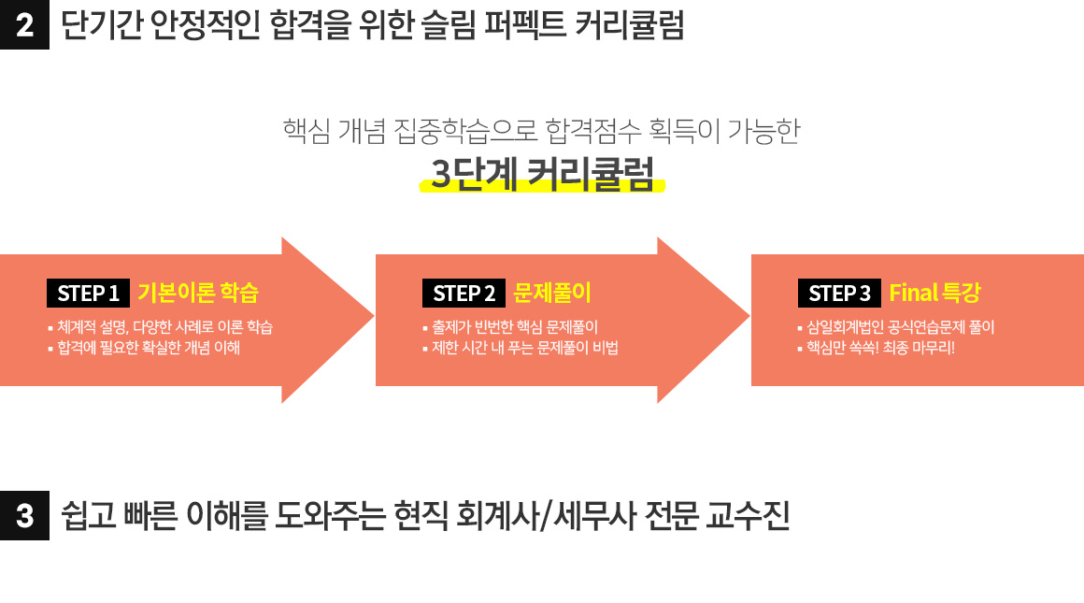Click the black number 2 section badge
pos(24,25)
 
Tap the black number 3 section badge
pos(24,515)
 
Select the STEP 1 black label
pos(88,294)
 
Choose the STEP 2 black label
pos(464,294)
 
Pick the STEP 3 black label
pos(839,294)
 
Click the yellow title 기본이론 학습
pos(198,293)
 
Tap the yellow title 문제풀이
pos(551,293)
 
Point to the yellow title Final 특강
pos(934,293)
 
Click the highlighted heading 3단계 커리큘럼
pos(542,174)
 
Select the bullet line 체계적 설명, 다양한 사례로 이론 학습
pos(161,327)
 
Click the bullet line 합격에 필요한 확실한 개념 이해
pos(144,347)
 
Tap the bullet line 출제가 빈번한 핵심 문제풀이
pos(510,327)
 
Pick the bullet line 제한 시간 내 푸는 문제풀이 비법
pos(521,347)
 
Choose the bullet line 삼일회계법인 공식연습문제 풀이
pos(896,327)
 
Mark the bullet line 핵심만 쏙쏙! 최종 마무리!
pos(876,347)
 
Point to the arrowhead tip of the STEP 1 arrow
pos(373,318)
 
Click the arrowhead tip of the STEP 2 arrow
pos(749,318)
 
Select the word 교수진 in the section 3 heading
pos(748,515)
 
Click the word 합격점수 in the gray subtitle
pos(592,131)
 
